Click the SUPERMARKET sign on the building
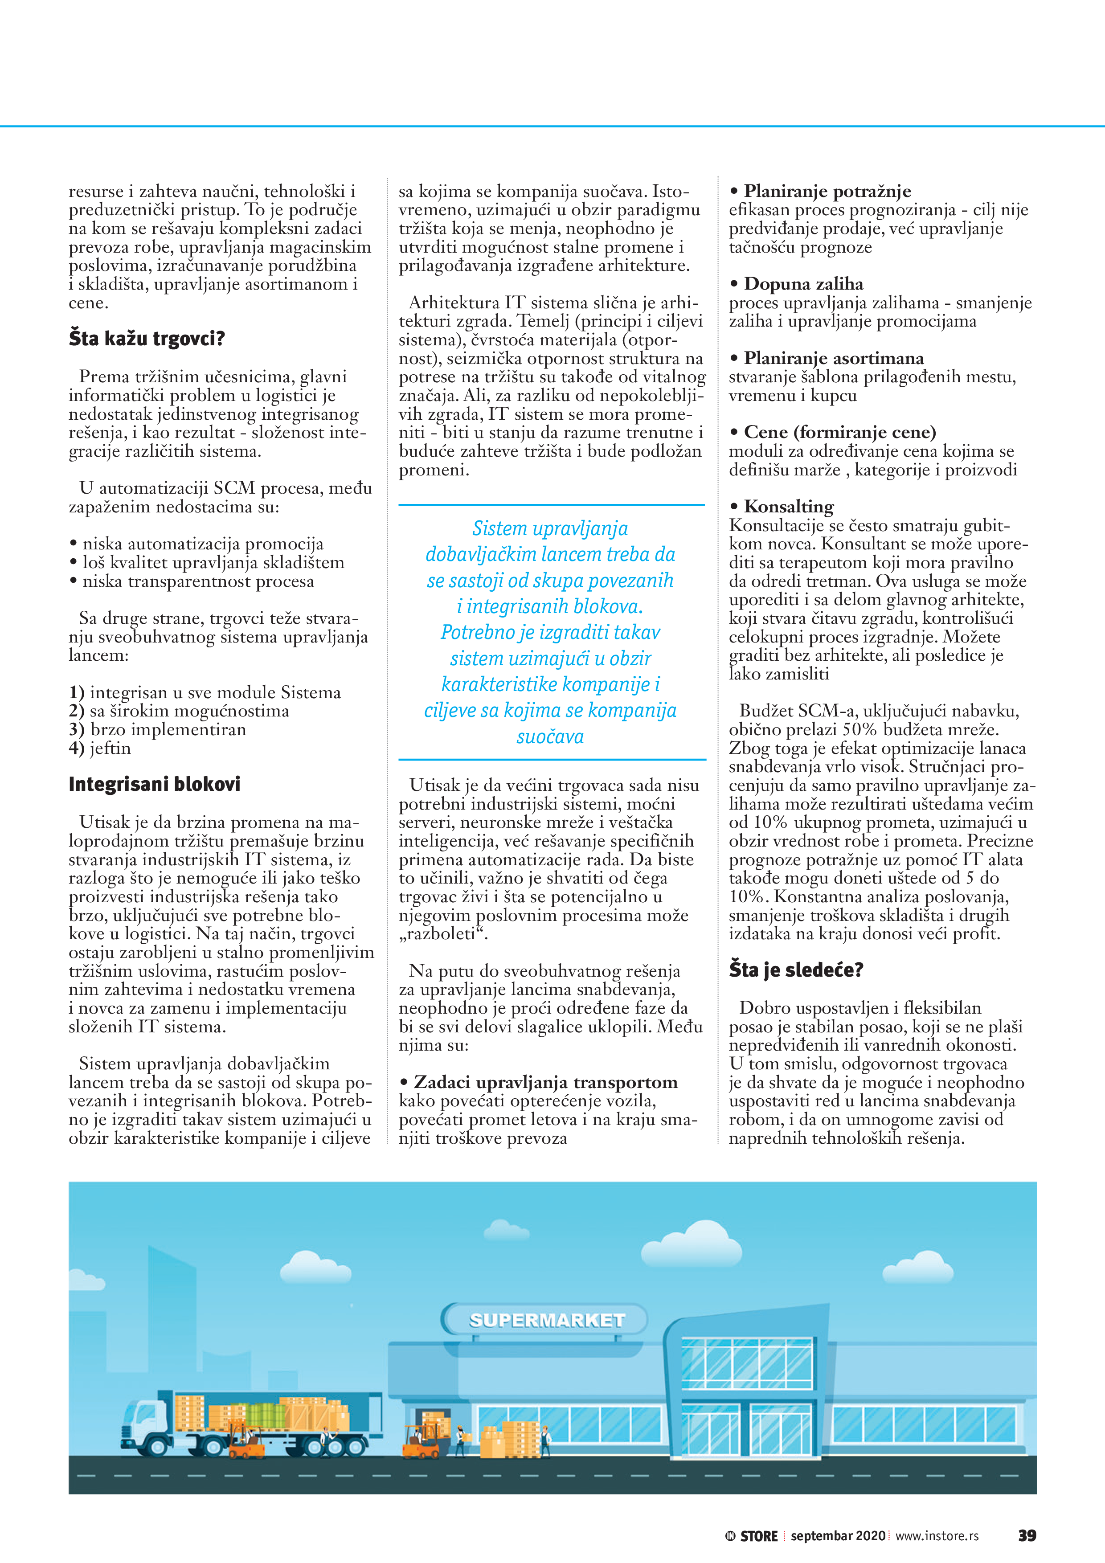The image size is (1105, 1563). [x=547, y=1320]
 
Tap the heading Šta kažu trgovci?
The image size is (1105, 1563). [x=147, y=338]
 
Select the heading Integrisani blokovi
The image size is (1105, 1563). [x=155, y=784]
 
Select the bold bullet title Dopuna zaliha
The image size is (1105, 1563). [x=803, y=284]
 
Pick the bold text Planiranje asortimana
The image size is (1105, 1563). [x=833, y=358]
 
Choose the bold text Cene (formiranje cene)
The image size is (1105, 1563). [x=839, y=432]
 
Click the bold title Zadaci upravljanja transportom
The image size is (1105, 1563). [x=545, y=1082]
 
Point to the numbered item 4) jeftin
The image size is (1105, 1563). [x=100, y=748]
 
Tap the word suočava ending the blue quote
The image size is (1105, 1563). [x=550, y=736]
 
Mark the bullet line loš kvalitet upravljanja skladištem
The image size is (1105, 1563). [x=213, y=562]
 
